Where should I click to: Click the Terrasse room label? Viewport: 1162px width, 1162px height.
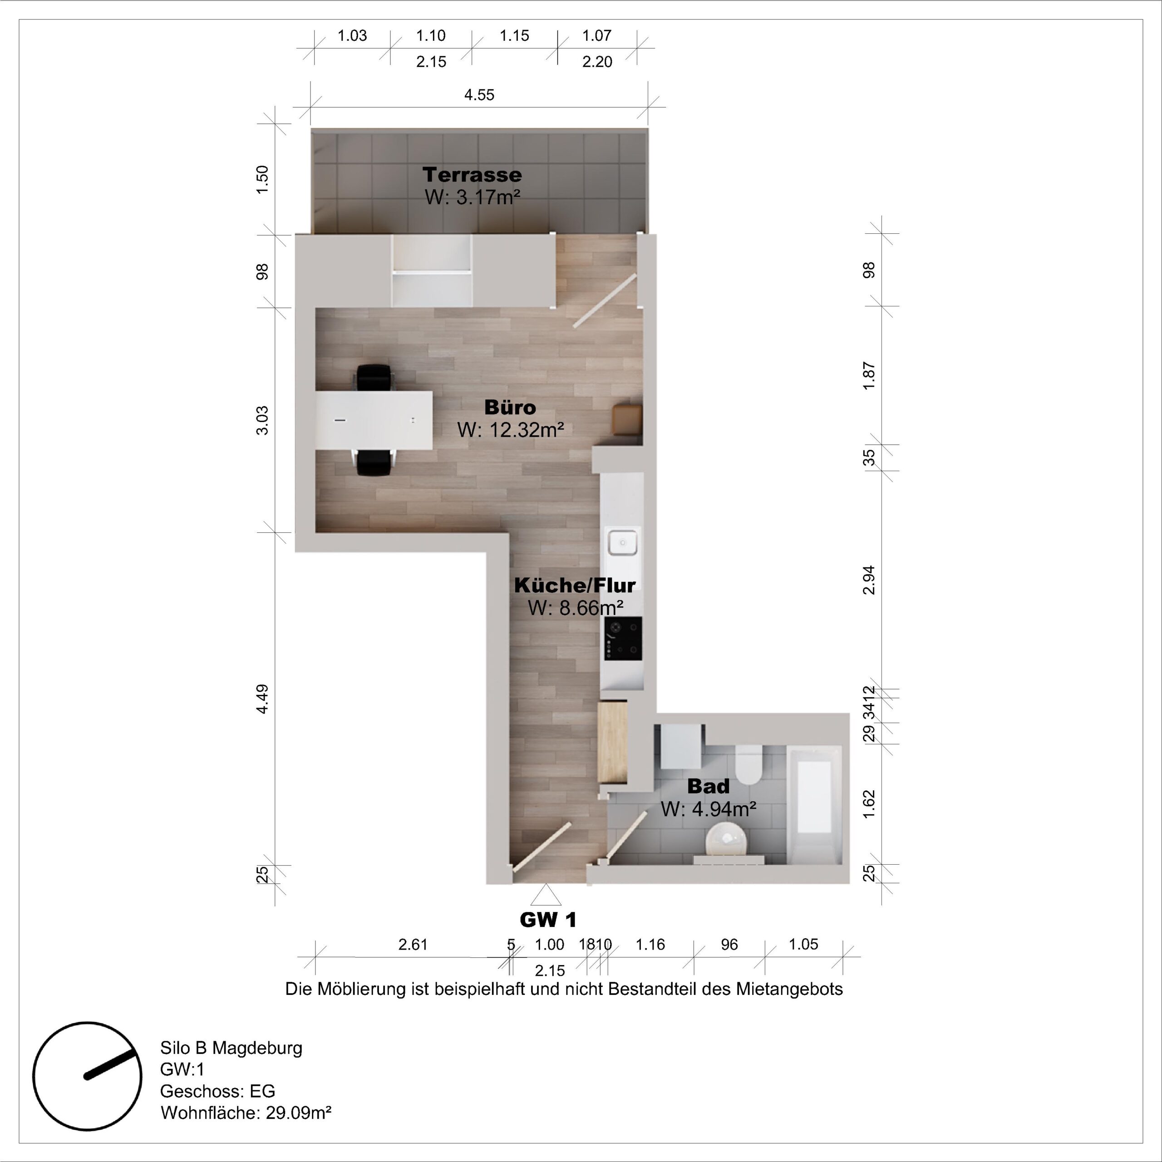(x=472, y=174)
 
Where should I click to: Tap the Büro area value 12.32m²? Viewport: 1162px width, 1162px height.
(x=511, y=430)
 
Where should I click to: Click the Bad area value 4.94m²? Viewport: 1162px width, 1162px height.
(x=708, y=809)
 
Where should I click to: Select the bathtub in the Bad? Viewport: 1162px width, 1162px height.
(x=814, y=803)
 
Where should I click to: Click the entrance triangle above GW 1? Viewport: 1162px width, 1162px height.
(x=546, y=896)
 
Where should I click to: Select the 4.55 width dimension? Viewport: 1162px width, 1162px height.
(x=479, y=95)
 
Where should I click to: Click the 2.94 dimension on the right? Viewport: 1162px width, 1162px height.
(x=869, y=581)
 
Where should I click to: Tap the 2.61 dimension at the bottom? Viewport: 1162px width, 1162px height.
(x=413, y=944)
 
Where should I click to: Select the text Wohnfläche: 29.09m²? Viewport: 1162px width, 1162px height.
(x=246, y=1113)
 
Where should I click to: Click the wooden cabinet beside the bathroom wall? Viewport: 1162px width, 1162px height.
(x=613, y=742)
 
